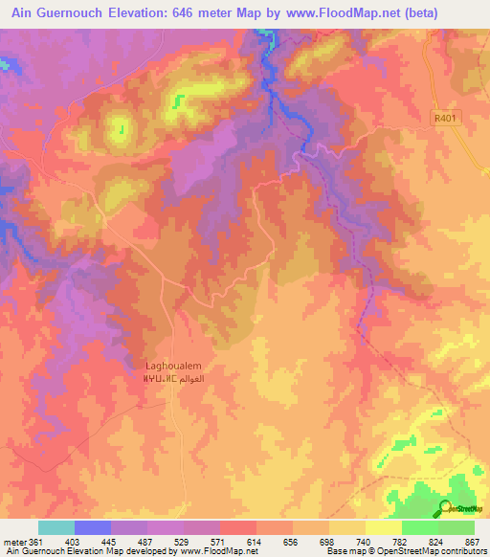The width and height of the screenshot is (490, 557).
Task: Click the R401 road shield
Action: (x=444, y=119)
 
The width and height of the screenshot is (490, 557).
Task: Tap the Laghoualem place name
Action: (x=172, y=365)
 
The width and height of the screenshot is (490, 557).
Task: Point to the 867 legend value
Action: (x=473, y=543)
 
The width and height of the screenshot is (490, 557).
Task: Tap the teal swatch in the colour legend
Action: (x=56, y=527)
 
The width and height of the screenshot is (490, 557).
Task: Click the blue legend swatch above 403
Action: (x=92, y=527)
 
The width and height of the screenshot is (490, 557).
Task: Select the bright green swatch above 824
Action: (x=419, y=527)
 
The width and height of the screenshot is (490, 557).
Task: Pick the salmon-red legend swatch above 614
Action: (x=237, y=527)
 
